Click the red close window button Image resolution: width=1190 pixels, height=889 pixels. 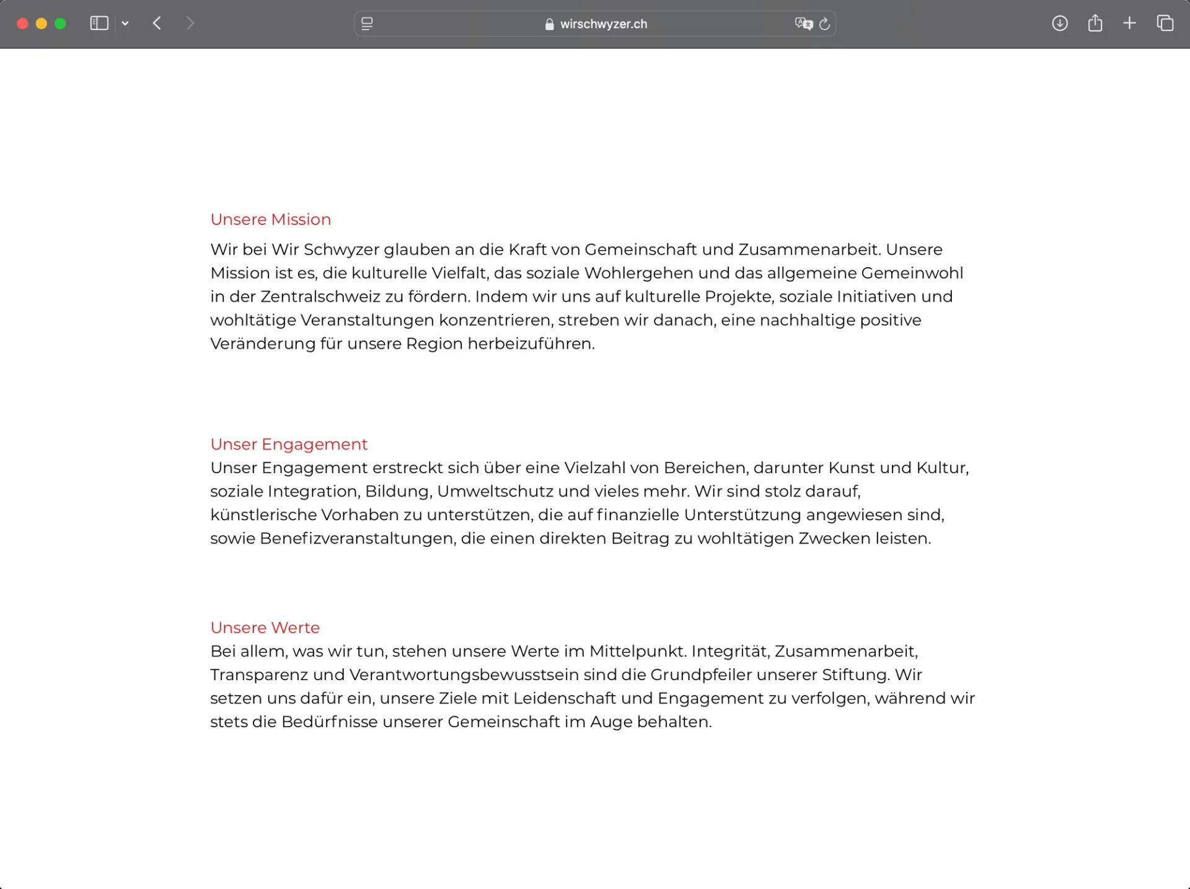22,24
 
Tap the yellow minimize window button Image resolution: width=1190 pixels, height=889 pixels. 42,24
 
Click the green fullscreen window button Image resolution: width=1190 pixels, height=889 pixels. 60,24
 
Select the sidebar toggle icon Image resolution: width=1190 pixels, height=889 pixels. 99,24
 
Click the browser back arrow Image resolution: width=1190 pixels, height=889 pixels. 157,24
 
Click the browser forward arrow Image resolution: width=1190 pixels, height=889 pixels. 190,24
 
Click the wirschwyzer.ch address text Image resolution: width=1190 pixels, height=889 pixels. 603,24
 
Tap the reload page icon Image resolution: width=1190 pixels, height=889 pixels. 824,24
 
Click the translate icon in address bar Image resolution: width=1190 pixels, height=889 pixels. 803,24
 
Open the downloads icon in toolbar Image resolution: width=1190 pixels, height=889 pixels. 1060,24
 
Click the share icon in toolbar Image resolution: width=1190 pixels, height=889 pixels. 1095,24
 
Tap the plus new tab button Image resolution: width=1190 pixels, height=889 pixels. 1129,24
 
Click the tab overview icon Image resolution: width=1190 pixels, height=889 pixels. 1165,24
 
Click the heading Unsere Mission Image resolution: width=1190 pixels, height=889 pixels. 270,219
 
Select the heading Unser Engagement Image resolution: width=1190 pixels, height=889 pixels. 289,444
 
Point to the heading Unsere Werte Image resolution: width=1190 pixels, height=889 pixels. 265,628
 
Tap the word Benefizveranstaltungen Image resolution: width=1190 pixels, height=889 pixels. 358,539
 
